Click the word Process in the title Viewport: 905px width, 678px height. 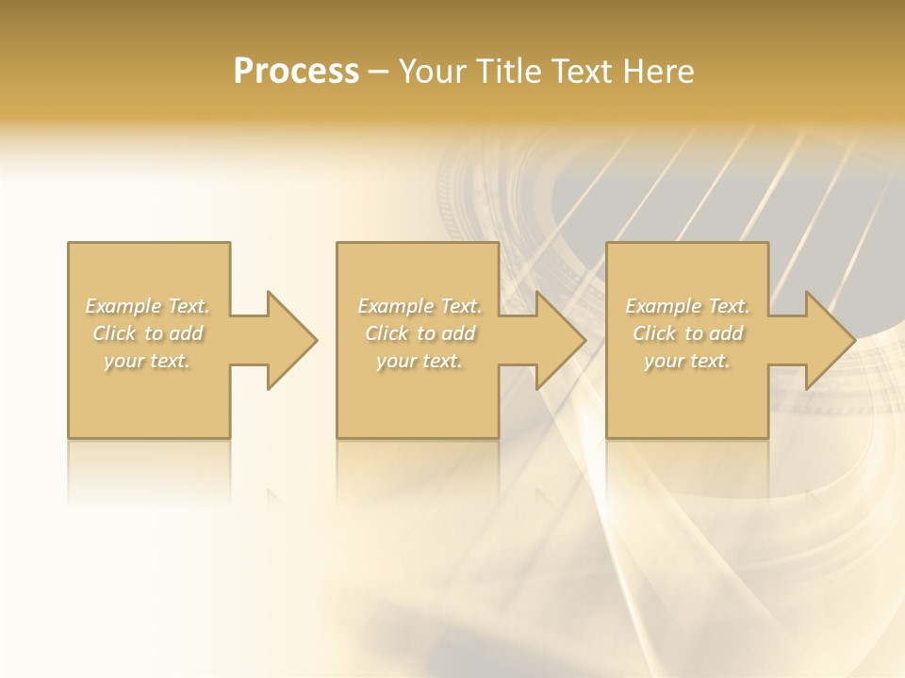296,72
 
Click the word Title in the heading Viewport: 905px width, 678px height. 508,72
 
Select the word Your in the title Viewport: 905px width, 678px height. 433,72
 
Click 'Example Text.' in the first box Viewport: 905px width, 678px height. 148,306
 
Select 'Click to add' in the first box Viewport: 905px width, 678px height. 148,333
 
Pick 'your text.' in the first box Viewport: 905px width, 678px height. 148,361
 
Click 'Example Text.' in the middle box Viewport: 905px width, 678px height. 420,306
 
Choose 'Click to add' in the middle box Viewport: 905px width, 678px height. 420,333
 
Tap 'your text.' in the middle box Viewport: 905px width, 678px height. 420,361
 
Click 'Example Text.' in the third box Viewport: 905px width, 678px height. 687,306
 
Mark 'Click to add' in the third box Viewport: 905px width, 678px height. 687,333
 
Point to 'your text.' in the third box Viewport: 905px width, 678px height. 687,361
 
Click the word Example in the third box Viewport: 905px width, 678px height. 664,306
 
